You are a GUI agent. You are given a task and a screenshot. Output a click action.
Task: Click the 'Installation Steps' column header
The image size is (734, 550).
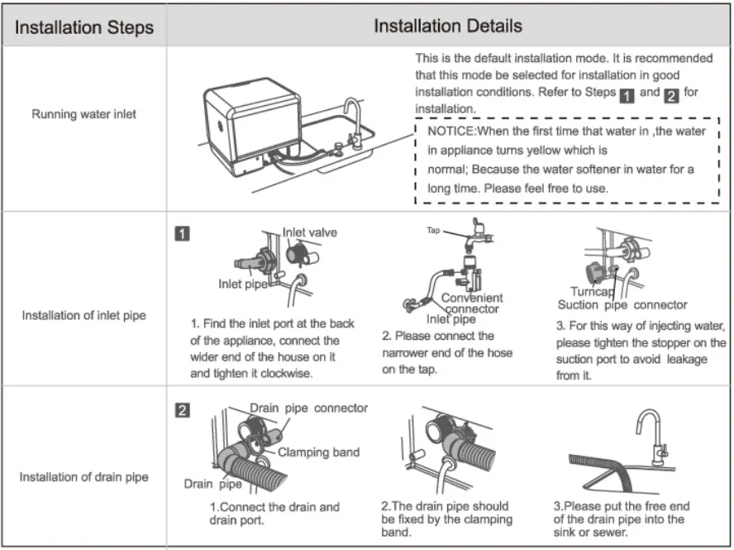[x=84, y=27]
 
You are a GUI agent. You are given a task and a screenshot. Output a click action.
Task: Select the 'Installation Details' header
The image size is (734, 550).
[x=447, y=26]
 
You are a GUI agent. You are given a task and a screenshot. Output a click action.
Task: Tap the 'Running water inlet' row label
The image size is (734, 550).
[x=83, y=114]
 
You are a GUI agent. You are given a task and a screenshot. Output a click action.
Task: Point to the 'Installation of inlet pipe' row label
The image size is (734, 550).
[x=83, y=316]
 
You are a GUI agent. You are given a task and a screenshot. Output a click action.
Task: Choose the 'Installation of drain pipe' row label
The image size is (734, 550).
[x=83, y=477]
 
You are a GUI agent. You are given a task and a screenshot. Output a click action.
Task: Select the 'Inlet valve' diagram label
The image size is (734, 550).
[x=310, y=233]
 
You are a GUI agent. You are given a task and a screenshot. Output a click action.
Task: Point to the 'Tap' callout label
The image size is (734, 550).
[x=433, y=231]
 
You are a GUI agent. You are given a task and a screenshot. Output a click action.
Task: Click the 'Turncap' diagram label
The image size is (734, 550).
[x=592, y=292]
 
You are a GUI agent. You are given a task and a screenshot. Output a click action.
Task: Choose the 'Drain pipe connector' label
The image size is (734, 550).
[x=309, y=409]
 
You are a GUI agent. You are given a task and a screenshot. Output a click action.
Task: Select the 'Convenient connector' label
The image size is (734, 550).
[x=472, y=304]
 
